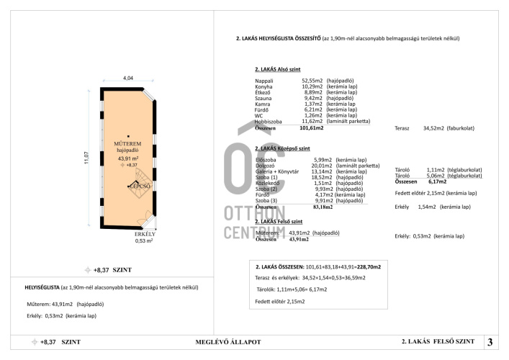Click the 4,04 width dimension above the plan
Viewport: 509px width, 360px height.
pos(128,78)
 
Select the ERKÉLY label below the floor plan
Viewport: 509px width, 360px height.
pos(145,234)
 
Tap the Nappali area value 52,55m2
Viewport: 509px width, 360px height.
pos(312,81)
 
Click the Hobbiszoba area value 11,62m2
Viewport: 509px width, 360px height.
pos(312,121)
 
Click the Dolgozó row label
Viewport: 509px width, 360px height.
pos(266,165)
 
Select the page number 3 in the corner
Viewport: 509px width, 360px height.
pos(490,342)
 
